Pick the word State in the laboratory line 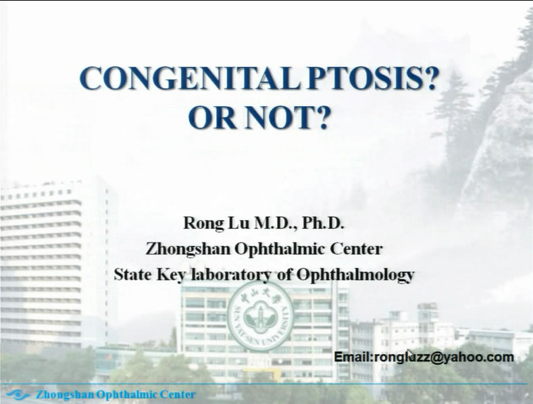point(132,274)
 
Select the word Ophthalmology point(355,275)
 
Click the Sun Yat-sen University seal point(260,316)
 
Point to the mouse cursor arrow point(410,355)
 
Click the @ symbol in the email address point(438,357)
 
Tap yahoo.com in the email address point(479,357)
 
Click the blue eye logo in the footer point(18,395)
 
